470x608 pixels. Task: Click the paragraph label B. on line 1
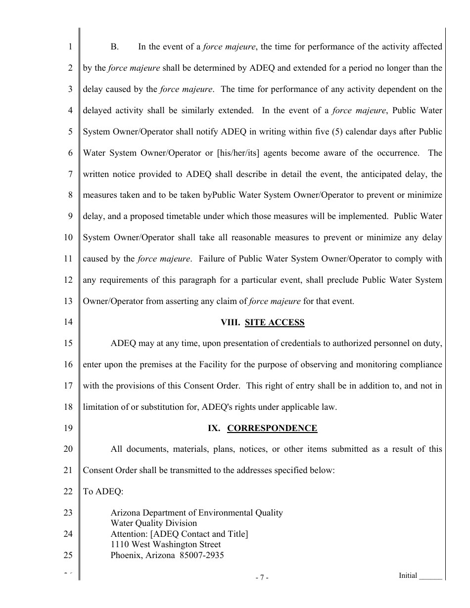(115, 47)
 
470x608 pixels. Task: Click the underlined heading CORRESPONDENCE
(272, 428)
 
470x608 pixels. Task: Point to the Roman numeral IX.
(214, 428)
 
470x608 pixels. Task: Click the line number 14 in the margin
(68, 322)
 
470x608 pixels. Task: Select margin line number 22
(68, 491)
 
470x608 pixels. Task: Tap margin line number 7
(70, 174)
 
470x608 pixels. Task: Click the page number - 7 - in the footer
(262, 577)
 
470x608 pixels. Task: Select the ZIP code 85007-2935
(200, 555)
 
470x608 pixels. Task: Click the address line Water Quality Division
(154, 523)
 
